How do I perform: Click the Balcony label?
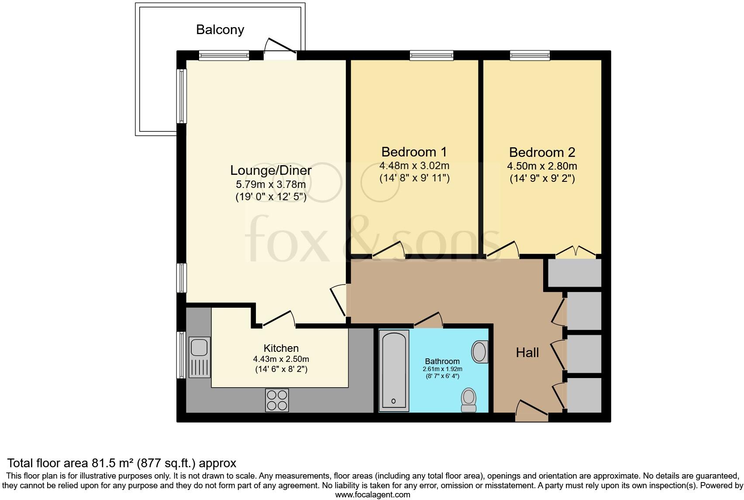(x=220, y=30)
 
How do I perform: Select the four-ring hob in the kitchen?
(x=277, y=400)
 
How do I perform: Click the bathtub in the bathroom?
(x=394, y=371)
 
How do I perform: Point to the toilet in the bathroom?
(x=469, y=399)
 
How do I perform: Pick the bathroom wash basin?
(x=480, y=352)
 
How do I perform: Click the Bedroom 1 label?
(x=414, y=152)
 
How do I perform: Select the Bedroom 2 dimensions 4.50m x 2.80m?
(x=542, y=166)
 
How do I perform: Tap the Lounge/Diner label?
(x=271, y=170)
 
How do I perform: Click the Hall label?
(x=527, y=353)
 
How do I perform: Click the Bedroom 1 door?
(x=389, y=250)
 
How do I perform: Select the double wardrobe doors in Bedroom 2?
(x=576, y=252)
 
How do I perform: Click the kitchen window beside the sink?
(x=181, y=355)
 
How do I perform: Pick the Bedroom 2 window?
(x=530, y=56)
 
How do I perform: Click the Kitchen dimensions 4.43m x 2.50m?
(x=281, y=359)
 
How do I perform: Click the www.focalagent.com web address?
(x=372, y=495)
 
